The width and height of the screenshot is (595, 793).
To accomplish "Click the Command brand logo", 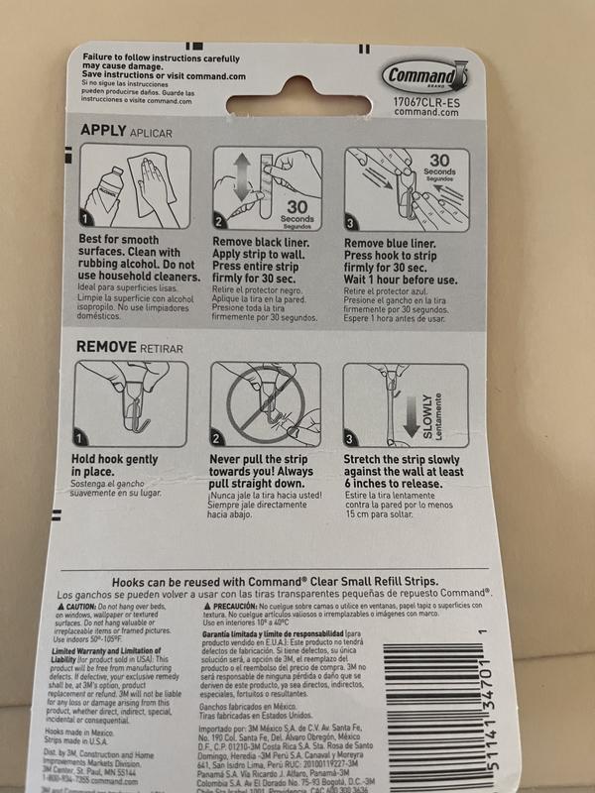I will (423, 75).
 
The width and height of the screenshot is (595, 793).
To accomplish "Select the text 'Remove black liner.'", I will (262, 241).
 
